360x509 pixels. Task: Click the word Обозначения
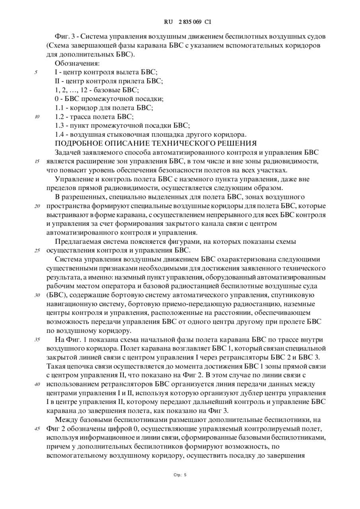(x=77, y=63)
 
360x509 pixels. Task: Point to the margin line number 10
(x=37, y=117)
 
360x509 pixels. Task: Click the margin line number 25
(x=37, y=251)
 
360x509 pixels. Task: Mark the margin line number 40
(x=37, y=384)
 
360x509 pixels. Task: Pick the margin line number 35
(x=37, y=340)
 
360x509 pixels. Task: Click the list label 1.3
(x=60, y=126)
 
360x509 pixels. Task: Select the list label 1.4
(x=60, y=134)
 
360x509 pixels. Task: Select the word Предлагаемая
(x=80, y=241)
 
